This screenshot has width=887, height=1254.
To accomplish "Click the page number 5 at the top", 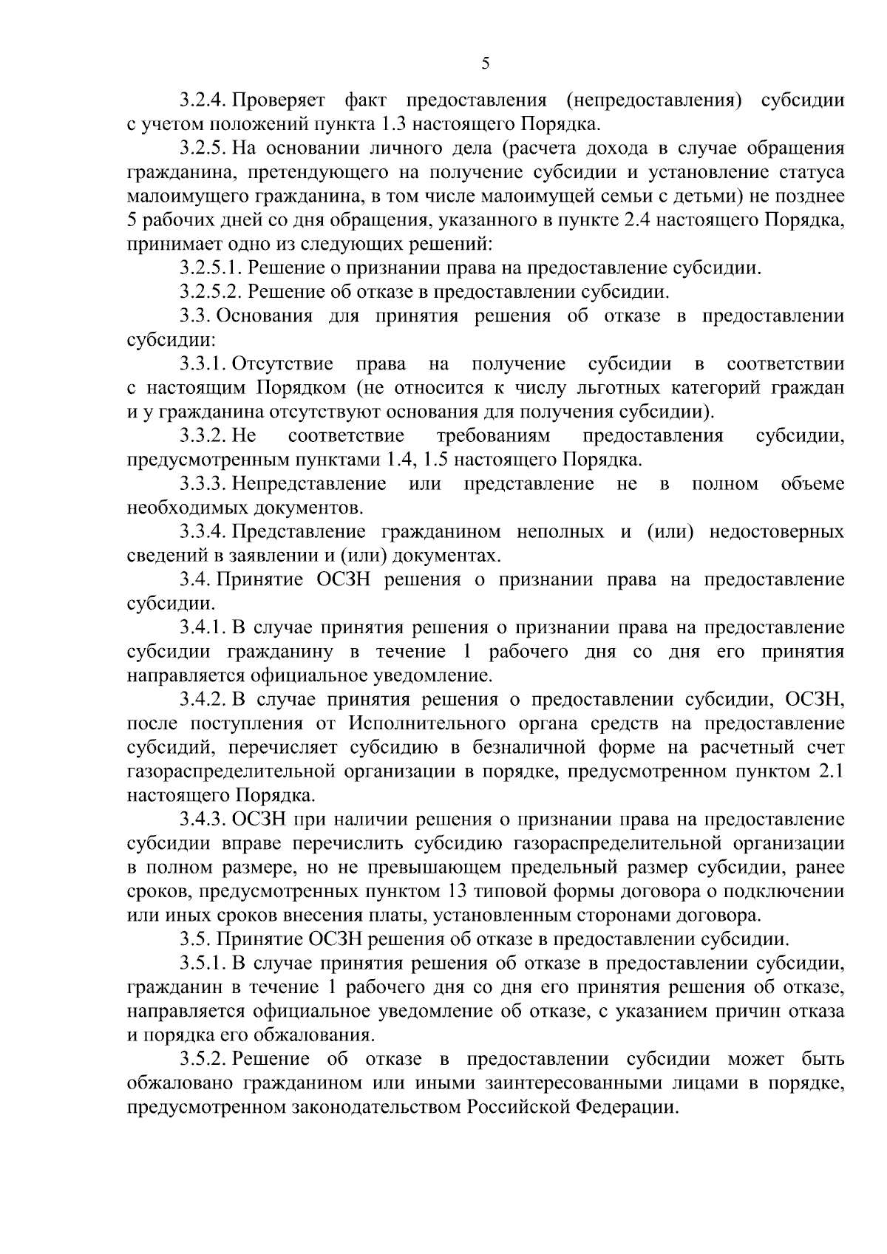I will pos(485,64).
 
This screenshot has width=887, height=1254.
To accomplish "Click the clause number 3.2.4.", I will pos(203,100).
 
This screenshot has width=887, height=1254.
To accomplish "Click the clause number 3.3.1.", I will pos(203,364).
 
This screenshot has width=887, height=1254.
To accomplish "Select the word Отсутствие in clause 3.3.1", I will pos(283,364).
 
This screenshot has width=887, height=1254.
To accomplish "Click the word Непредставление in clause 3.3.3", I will pos(309,484).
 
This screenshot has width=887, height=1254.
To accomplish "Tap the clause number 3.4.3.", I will pos(203,819).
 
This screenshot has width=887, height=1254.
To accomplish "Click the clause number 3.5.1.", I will pos(203,964).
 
